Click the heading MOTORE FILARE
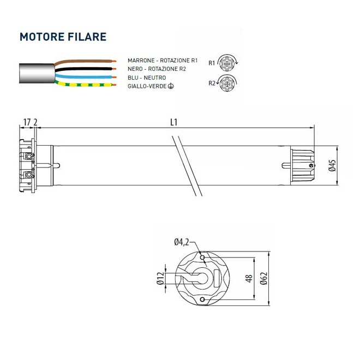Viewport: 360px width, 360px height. pyautogui.click(x=62, y=37)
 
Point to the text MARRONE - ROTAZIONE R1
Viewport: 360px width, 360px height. pyautogui.click(x=162, y=61)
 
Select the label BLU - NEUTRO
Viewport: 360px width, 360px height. pyautogui.click(x=147, y=77)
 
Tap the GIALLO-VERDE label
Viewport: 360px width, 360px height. pyautogui.click(x=151, y=86)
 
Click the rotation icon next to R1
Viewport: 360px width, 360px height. pyautogui.click(x=227, y=62)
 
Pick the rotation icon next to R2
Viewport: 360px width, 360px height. pyautogui.click(x=227, y=83)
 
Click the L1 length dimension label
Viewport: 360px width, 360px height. pyautogui.click(x=174, y=122)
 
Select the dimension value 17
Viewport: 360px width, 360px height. pyautogui.click(x=26, y=122)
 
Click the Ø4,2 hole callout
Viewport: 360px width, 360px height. pyautogui.click(x=182, y=243)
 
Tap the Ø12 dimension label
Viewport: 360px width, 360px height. pyautogui.click(x=160, y=279)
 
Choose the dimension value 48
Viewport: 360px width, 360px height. pyautogui.click(x=248, y=278)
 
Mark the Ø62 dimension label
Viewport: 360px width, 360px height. pyautogui.click(x=263, y=278)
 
